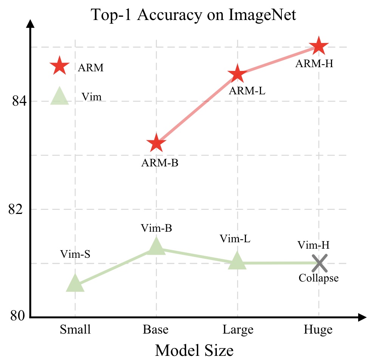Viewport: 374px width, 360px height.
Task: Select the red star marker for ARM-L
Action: click(237, 74)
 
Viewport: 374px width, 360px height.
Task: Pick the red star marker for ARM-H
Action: click(319, 47)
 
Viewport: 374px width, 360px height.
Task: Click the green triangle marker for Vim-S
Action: click(75, 284)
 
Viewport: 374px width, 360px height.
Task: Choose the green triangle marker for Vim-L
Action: click(237, 261)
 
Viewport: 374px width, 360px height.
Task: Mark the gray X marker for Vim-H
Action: click(319, 263)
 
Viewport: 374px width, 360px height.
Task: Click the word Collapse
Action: click(318, 278)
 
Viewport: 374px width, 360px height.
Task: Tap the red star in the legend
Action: click(60, 67)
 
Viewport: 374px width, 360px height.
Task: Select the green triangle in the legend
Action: click(60, 96)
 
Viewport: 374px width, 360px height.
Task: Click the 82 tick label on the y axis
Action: click(17, 209)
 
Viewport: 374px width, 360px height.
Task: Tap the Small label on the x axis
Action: click(75, 330)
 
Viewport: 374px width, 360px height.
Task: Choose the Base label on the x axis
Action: click(156, 330)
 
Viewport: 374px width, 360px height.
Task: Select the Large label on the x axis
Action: click(238, 330)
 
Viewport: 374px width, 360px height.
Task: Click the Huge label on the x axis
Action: click(318, 330)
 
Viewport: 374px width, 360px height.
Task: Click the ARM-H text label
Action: click(314, 63)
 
